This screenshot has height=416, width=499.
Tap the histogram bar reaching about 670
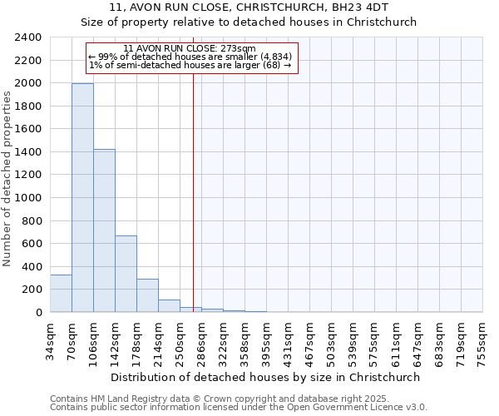tap(126, 274)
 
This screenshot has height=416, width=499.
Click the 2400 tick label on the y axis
tap(27, 37)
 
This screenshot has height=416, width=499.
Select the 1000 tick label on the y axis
tap(27, 198)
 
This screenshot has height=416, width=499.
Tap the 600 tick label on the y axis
tap(31, 244)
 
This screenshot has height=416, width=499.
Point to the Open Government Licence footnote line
tap(239, 407)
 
